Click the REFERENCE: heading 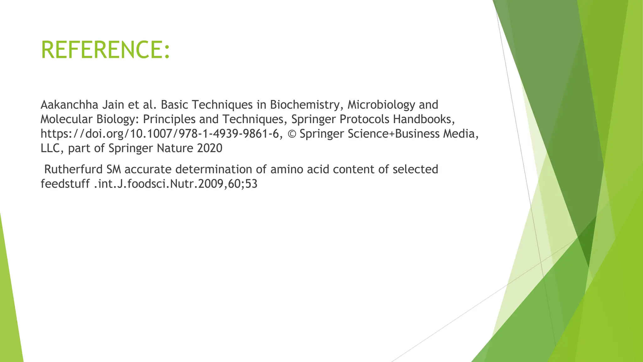coord(105,50)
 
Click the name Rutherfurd coord(73,169)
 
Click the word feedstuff coord(65,184)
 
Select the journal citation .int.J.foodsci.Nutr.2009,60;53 coord(176,184)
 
